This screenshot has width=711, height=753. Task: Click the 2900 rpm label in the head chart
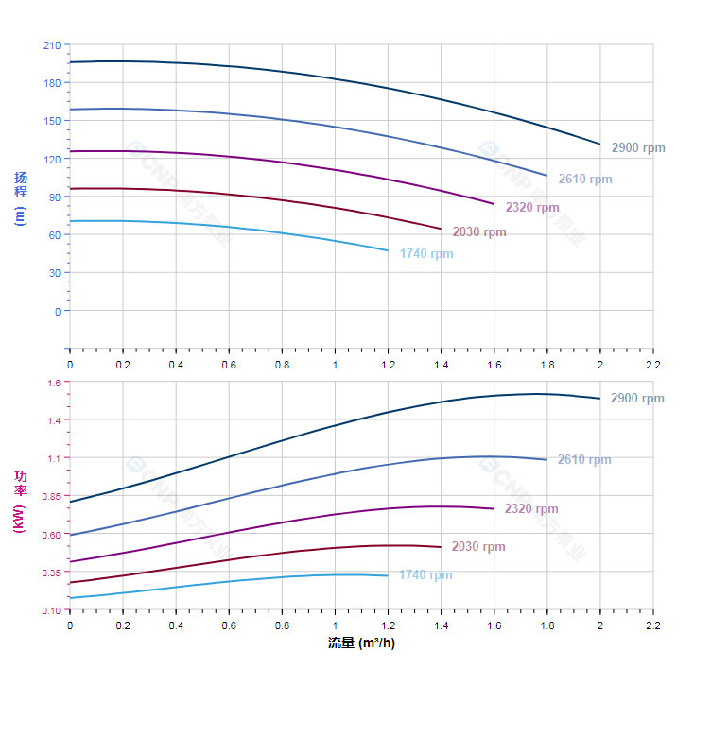pos(638,148)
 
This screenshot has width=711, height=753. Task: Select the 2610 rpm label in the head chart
pos(585,180)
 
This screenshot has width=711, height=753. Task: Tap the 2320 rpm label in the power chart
pos(531,509)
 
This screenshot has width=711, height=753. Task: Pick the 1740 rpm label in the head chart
pos(425,254)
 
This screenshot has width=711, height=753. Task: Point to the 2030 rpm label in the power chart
pos(478,547)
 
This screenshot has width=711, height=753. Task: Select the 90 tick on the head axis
pos(54,197)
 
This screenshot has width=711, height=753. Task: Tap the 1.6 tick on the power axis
pos(53,383)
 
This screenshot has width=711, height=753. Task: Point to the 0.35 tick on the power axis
pos(50,573)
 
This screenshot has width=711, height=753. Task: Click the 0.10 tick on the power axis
pos(50,610)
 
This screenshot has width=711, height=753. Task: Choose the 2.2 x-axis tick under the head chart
pos(652,364)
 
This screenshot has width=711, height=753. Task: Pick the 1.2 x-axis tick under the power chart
pos(388,626)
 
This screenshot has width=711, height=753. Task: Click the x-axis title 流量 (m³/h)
pos(361,643)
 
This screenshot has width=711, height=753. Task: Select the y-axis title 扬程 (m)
pos(21,197)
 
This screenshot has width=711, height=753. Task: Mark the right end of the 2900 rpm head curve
pos(599,144)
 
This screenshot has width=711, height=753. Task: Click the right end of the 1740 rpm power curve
pos(388,575)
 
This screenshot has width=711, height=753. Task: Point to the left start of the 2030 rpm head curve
pos(70,189)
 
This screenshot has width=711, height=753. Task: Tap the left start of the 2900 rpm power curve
pos(70,502)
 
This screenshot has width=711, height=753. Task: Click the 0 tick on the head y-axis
pos(57,311)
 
